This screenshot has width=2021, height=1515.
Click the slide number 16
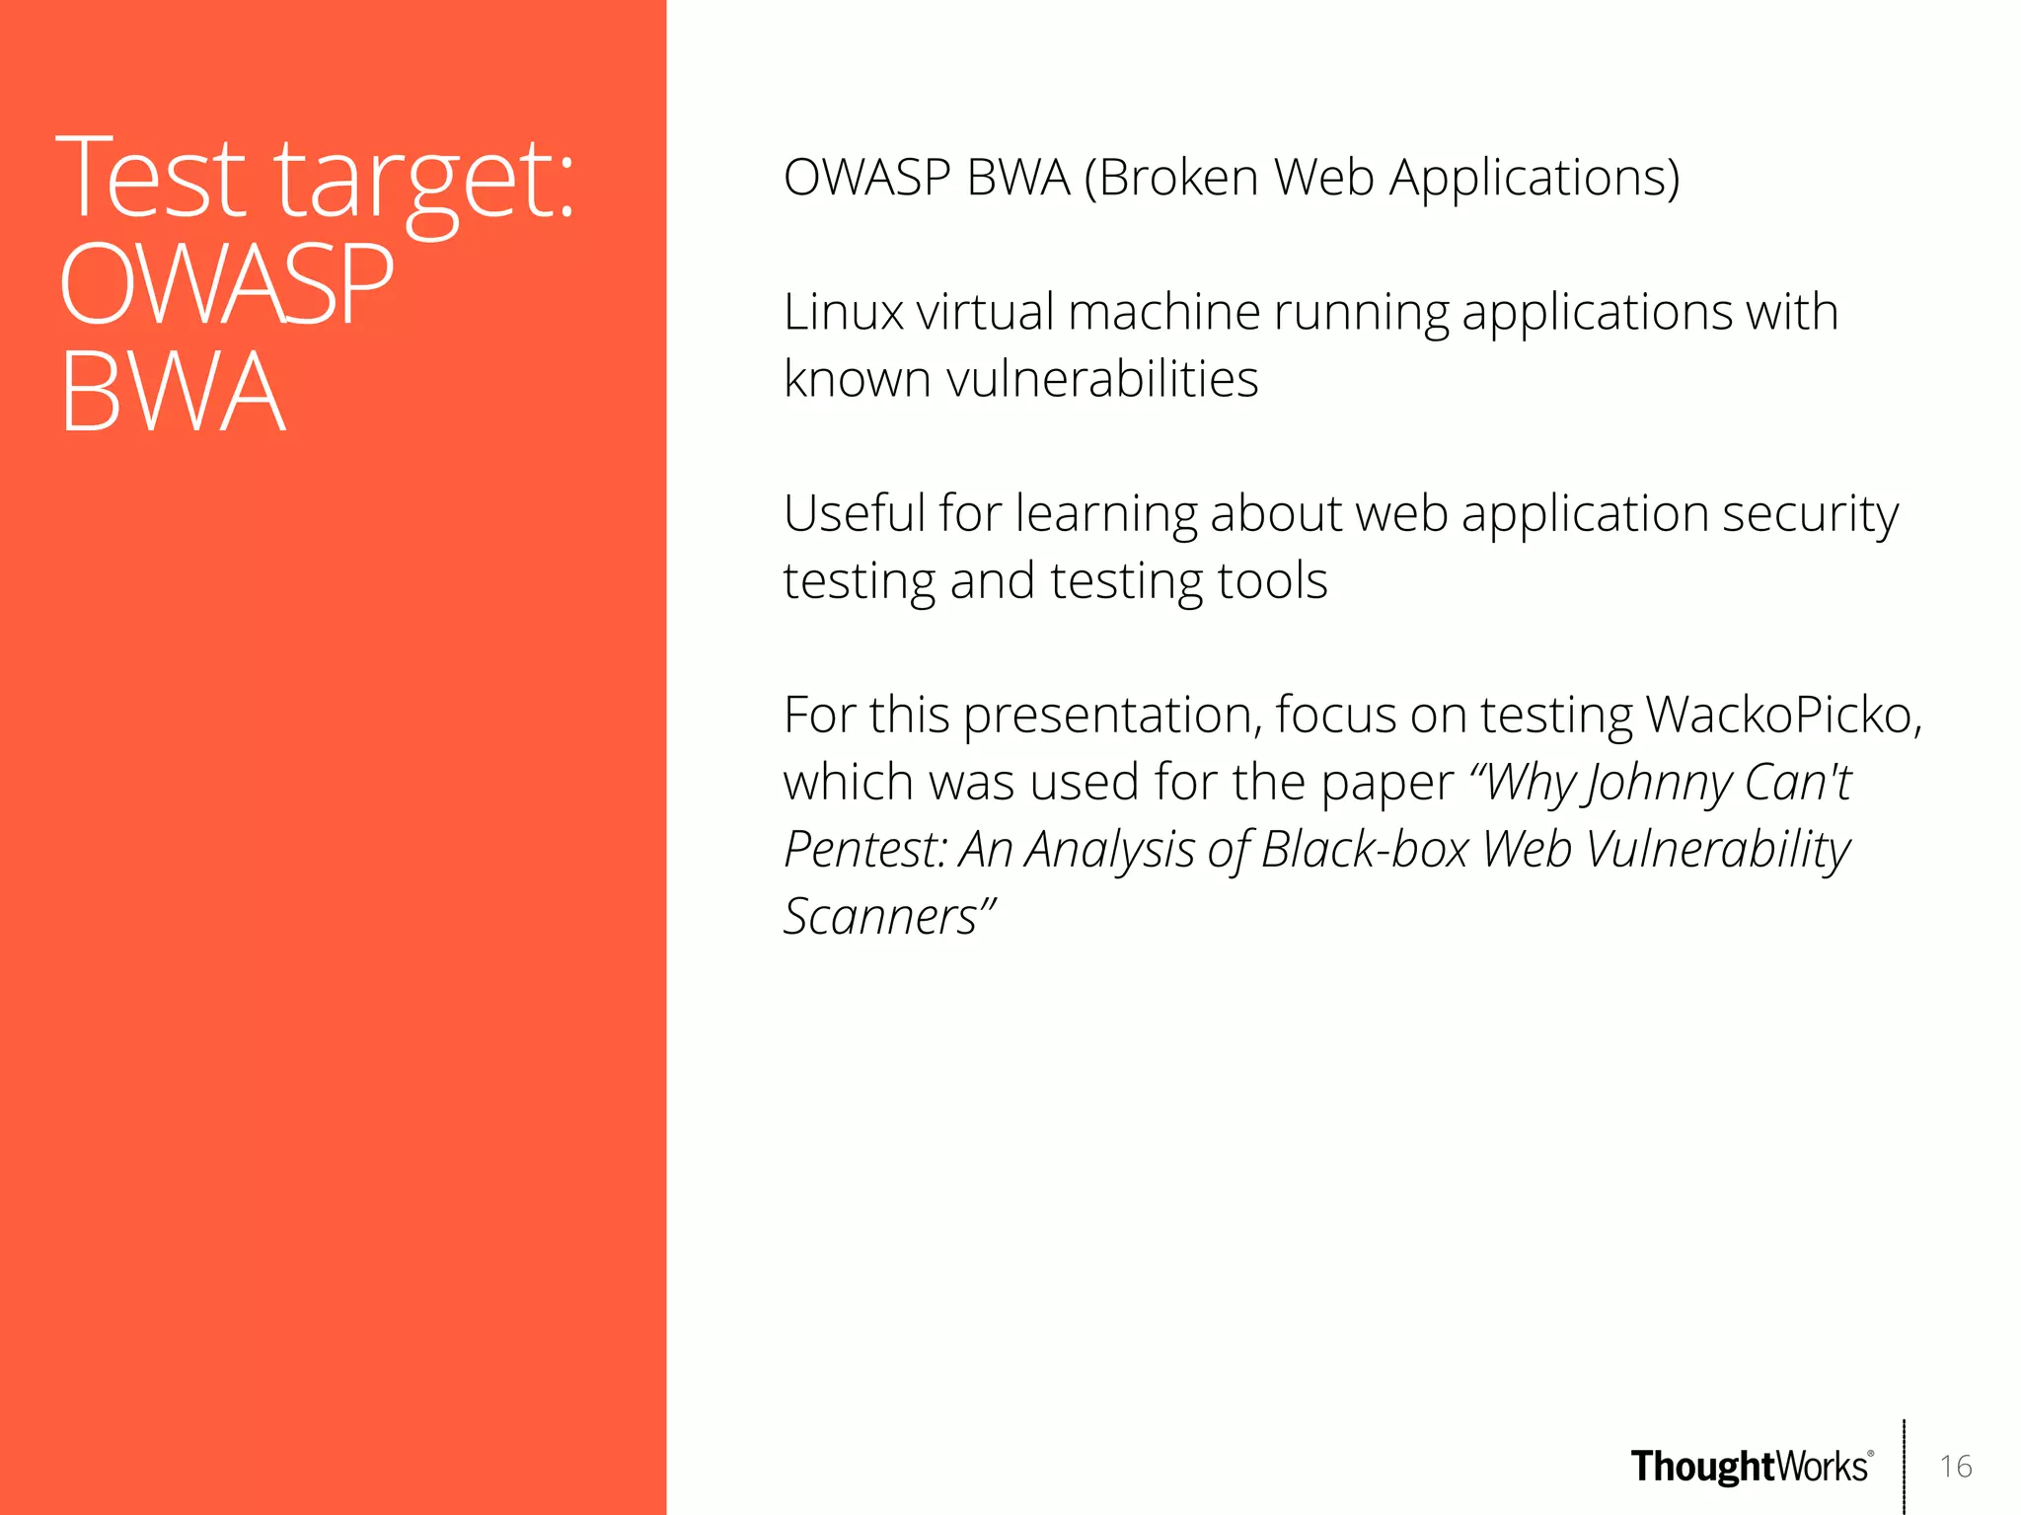[x=1955, y=1466]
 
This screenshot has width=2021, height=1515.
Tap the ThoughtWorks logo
[x=1751, y=1467]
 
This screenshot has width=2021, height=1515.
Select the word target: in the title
[x=424, y=182]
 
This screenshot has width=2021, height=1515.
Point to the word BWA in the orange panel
[x=173, y=392]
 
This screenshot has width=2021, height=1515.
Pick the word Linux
[x=843, y=312]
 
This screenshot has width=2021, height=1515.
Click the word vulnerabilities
[x=1101, y=379]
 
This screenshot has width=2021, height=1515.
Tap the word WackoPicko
[x=1783, y=715]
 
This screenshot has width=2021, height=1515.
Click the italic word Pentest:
[x=864, y=850]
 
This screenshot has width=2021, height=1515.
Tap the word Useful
[x=854, y=513]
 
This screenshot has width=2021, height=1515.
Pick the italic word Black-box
[x=1365, y=850]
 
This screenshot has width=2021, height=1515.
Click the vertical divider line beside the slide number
[x=1904, y=1466]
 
